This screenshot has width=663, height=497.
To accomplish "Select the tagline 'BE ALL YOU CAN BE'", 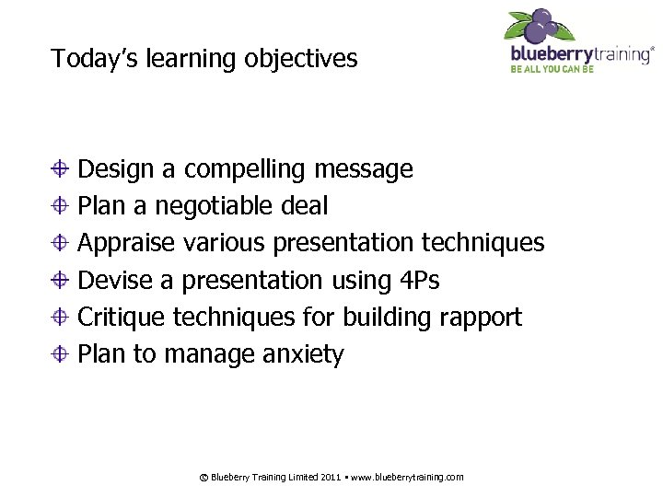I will click(552, 69).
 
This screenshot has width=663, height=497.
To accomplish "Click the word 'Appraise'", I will click(126, 243).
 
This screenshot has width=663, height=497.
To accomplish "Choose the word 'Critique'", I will click(122, 318).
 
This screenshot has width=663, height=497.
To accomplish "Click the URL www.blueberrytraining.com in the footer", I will click(406, 477).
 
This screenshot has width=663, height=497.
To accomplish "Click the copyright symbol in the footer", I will click(204, 477).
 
